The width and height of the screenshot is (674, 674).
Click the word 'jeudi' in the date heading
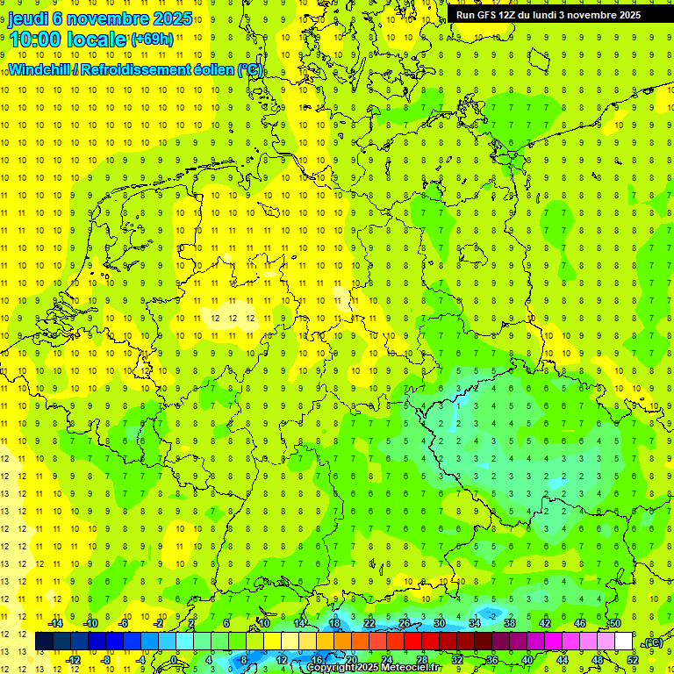28,18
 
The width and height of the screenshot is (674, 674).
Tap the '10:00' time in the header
36,39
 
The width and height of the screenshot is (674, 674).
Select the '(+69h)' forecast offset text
152,39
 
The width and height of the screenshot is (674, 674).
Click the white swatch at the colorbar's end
623,642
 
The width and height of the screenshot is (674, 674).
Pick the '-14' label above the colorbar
54,623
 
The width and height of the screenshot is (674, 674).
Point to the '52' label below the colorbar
633,660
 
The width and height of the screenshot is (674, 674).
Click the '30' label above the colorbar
439,623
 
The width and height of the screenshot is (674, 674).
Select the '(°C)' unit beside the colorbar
652,643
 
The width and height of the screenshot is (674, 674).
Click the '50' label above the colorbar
614,623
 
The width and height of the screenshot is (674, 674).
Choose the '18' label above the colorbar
334,623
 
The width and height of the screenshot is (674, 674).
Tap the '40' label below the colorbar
527,660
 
